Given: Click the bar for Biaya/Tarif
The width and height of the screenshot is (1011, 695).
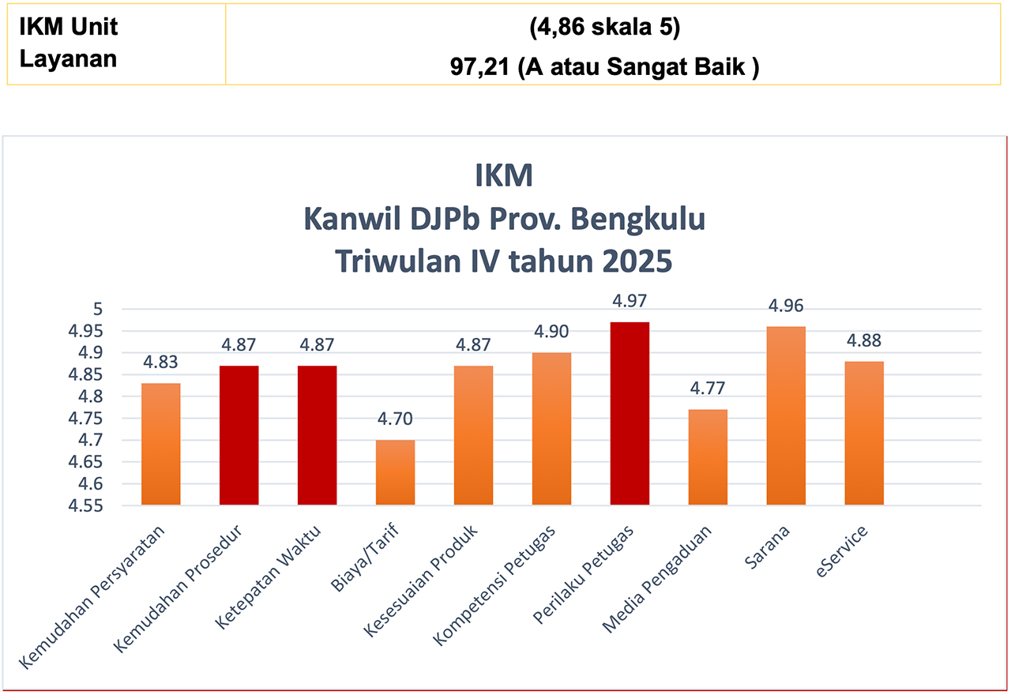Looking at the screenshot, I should tap(395, 472).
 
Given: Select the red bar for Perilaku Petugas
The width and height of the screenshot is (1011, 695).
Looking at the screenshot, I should tap(630, 413).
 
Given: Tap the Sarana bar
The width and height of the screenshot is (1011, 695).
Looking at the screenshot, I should tap(786, 415).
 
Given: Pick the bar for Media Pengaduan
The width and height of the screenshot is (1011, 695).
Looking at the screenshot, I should tap(708, 456).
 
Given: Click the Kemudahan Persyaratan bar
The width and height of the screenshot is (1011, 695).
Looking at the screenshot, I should tap(160, 444).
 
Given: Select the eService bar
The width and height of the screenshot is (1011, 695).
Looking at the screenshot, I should tap(864, 433).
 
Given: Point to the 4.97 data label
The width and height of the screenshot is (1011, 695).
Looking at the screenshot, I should tap(630, 301).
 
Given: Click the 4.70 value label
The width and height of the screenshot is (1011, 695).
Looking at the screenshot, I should tap(395, 419).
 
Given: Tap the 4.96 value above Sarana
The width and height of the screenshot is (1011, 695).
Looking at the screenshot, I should tap(786, 306).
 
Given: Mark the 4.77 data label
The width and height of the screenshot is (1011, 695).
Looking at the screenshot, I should tap(708, 389).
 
